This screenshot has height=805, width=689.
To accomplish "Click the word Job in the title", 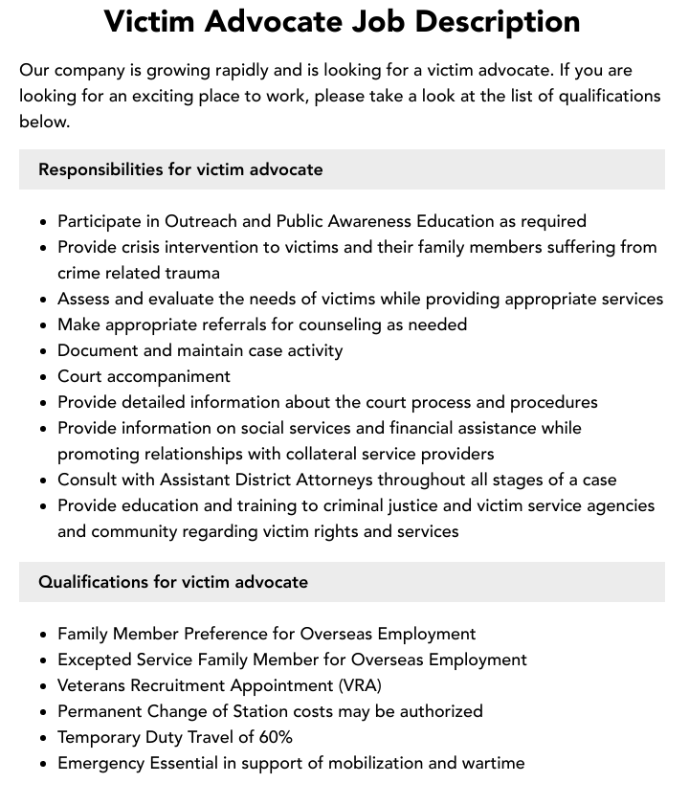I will click(413, 21).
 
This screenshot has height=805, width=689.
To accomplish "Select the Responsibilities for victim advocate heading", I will click(180, 169).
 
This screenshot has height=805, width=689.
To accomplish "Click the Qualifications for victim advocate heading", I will click(173, 582).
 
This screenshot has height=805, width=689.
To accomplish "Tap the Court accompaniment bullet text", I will click(144, 376).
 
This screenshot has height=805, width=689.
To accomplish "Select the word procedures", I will click(553, 402).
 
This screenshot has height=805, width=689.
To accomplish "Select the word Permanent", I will click(100, 711).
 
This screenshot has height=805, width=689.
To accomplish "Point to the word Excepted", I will click(94, 660).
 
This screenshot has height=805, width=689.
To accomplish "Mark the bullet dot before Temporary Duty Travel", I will click(44, 738).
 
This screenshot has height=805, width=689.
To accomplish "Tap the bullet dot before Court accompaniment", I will click(44, 377).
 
